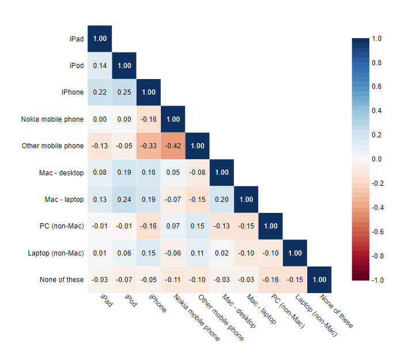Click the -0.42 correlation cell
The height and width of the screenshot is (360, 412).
tap(173, 146)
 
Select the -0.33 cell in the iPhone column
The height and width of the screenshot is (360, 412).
tap(149, 146)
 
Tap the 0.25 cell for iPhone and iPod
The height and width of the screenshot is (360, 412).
tap(124, 92)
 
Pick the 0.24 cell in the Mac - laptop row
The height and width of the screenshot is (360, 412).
tap(124, 200)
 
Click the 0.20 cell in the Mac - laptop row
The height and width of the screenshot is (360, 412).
tap(221, 200)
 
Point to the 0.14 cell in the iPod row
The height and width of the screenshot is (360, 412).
tap(100, 66)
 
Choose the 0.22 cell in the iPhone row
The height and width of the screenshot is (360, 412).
tap(100, 92)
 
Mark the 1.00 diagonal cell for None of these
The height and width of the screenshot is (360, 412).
tap(319, 280)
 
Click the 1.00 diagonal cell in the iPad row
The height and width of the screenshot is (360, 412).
tap(100, 39)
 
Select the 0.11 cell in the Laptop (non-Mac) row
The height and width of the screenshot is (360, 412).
tap(197, 253)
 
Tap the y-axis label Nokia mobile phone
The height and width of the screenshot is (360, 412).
tap(52, 119)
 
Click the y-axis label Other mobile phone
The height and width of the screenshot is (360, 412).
tap(52, 146)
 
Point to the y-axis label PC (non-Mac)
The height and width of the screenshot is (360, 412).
tap(63, 226)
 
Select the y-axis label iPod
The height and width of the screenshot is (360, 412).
tap(75, 66)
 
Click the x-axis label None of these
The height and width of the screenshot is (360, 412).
tap(337, 312)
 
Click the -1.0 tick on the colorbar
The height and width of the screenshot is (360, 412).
tap(377, 280)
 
